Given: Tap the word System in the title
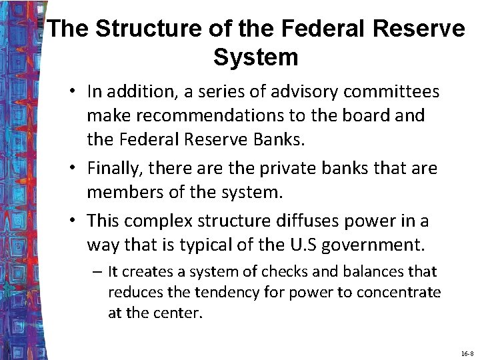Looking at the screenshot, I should coord(255,57).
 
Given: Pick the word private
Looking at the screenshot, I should coord(284,168).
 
